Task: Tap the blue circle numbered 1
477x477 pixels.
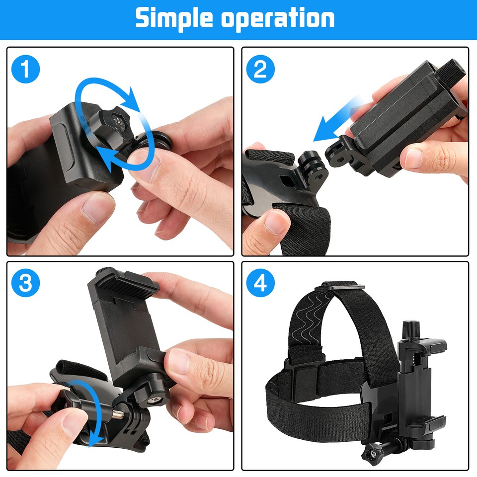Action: coord(25,70)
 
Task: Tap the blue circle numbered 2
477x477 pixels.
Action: coord(260,70)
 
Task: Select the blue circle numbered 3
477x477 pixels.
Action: coord(25,284)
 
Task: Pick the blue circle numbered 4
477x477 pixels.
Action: coord(260,284)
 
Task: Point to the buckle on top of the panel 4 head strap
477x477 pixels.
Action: coord(343,285)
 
